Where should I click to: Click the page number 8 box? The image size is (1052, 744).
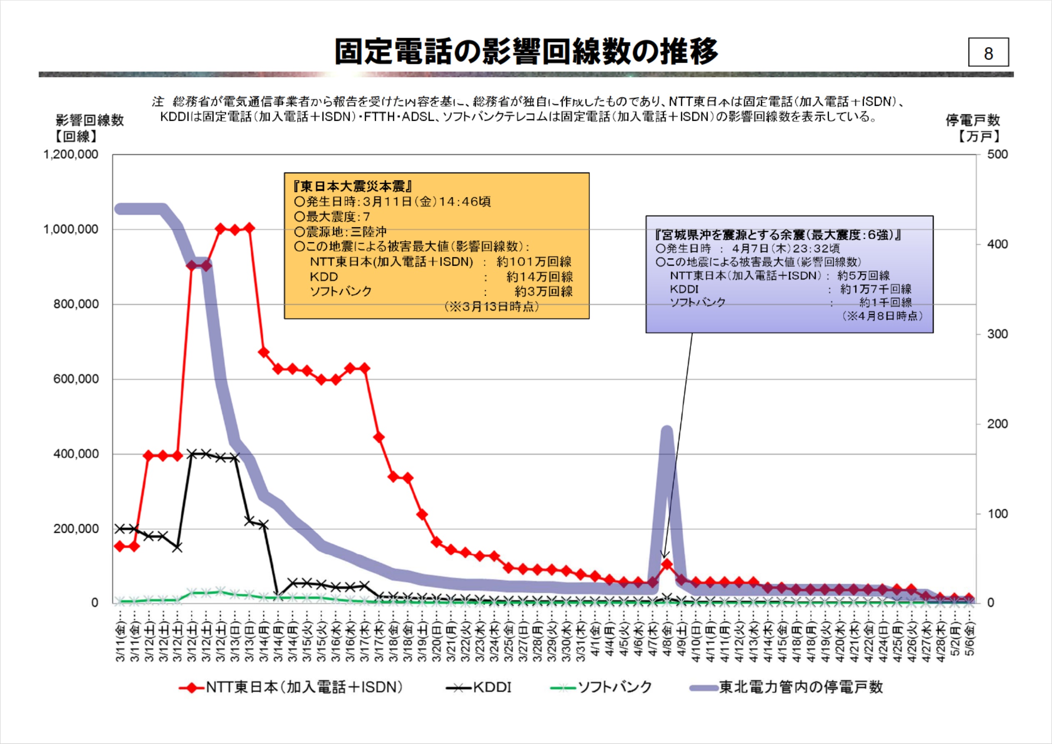pyautogui.click(x=988, y=52)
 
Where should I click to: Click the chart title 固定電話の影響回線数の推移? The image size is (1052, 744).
pyautogui.click(x=526, y=51)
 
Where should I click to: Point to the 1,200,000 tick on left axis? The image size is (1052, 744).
pyautogui.click(x=71, y=155)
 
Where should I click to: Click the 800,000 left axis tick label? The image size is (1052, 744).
pyautogui.click(x=75, y=304)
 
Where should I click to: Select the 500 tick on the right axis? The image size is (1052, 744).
pyautogui.click(x=997, y=155)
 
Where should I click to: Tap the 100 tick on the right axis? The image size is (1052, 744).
pyautogui.click(x=997, y=514)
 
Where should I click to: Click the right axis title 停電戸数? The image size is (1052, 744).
pyautogui.click(x=972, y=120)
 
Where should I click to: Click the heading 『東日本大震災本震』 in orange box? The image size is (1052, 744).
pyautogui.click(x=353, y=187)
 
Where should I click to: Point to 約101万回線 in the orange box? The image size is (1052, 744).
pyautogui.click(x=534, y=262)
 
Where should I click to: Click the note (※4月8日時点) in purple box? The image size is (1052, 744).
pyautogui.click(x=882, y=316)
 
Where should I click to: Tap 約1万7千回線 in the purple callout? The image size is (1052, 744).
pyautogui.click(x=875, y=289)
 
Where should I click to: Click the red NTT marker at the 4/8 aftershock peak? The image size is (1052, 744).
pyautogui.click(x=667, y=564)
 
